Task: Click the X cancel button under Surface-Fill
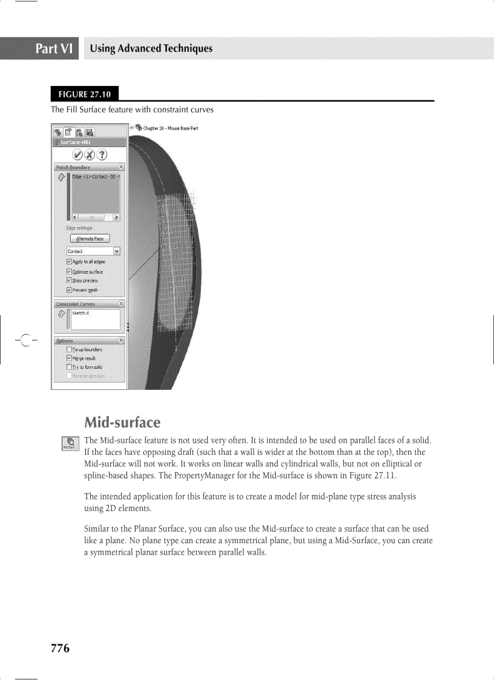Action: click(x=89, y=154)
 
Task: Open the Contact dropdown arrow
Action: click(x=117, y=251)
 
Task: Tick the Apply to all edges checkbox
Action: click(x=69, y=262)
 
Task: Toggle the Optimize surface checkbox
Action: click(x=69, y=271)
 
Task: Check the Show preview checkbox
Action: click(x=69, y=280)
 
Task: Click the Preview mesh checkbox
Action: click(x=69, y=289)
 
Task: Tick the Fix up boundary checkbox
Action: click(x=69, y=349)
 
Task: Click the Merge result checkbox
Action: click(x=69, y=358)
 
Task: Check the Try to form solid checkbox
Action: click(x=69, y=367)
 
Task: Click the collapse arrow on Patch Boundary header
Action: click(x=121, y=167)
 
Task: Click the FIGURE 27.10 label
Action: click(x=85, y=94)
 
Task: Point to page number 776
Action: click(x=60, y=649)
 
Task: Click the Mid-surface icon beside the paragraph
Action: click(x=70, y=445)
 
